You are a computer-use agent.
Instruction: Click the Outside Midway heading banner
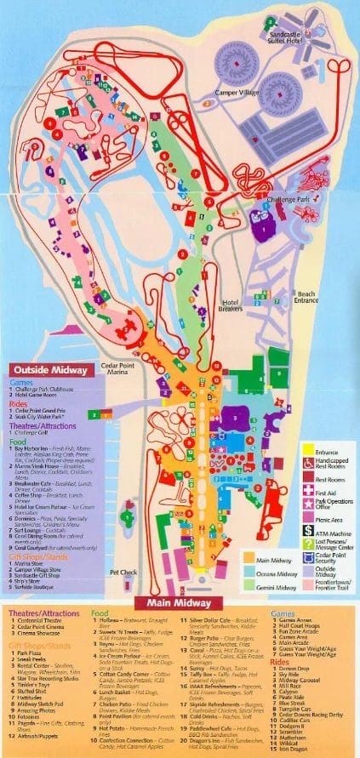tap(48, 370)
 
